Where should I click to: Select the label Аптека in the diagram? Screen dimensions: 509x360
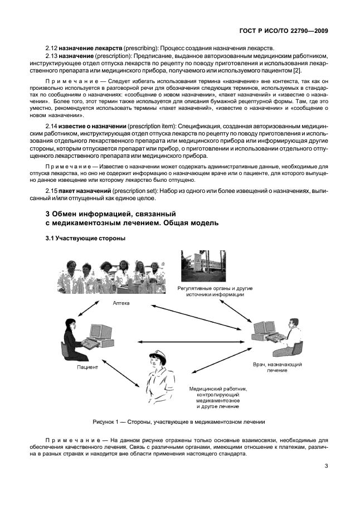pyautogui.click(x=121, y=303)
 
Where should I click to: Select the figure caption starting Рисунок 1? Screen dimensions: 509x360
pyautogui.click(x=178, y=421)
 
